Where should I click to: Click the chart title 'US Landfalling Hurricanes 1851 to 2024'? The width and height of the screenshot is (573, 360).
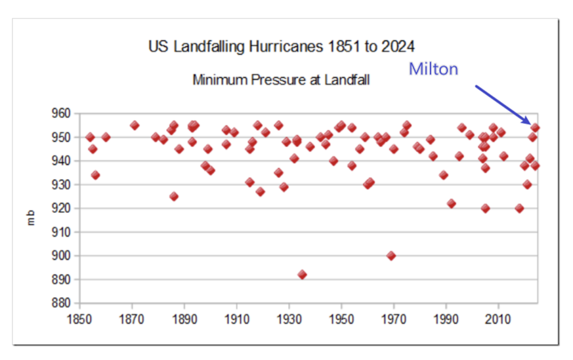[281, 47]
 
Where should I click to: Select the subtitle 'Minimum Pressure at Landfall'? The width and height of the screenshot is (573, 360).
[281, 80]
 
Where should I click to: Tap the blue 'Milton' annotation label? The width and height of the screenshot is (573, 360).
[434, 69]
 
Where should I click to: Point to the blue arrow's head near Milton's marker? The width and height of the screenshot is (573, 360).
[527, 121]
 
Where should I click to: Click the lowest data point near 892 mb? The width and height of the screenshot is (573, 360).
[302, 275]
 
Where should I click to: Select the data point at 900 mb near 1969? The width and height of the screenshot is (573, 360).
[391, 256]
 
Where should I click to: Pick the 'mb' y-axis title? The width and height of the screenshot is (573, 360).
[31, 217]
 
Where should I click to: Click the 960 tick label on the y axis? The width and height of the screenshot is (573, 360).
[60, 114]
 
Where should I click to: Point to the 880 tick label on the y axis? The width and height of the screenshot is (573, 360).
[60, 303]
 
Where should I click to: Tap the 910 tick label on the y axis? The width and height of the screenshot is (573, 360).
[60, 232]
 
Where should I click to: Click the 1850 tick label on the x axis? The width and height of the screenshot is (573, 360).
[79, 320]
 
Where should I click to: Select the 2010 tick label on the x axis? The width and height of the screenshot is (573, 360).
[497, 320]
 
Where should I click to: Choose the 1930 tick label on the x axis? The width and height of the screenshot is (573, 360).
[289, 320]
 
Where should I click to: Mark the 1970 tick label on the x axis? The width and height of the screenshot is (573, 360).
[393, 320]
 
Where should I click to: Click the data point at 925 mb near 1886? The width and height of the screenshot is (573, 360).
[174, 197]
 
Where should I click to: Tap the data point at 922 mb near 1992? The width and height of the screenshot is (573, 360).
[452, 204]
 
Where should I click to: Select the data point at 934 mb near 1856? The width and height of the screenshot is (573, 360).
[95, 175]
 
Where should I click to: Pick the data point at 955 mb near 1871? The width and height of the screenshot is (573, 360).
[134, 125]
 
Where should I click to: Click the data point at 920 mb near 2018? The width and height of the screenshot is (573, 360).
[519, 208]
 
